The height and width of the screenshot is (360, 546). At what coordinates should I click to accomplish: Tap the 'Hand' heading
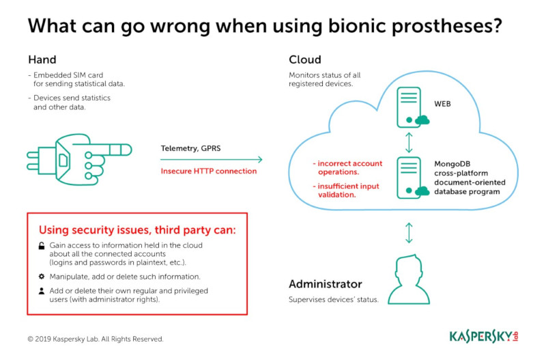(x=42, y=59)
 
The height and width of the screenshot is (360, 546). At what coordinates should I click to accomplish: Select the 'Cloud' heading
(x=304, y=59)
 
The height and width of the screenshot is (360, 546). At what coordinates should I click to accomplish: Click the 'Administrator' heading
(x=325, y=284)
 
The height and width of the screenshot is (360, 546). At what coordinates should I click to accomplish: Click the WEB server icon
(x=409, y=109)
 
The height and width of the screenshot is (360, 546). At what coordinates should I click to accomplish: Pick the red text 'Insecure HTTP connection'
(x=209, y=171)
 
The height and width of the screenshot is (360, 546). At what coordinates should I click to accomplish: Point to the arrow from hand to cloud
(x=212, y=160)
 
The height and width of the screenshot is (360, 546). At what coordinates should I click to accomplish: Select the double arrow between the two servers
(x=409, y=143)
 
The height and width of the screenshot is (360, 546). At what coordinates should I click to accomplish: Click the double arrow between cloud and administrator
(x=409, y=232)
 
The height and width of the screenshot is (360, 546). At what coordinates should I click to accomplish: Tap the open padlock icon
(x=41, y=245)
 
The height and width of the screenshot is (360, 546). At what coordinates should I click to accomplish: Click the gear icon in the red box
(x=41, y=277)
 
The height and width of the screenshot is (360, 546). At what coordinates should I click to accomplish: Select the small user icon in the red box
(x=41, y=291)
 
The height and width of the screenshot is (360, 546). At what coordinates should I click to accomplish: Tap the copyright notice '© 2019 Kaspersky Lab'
(x=95, y=339)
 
